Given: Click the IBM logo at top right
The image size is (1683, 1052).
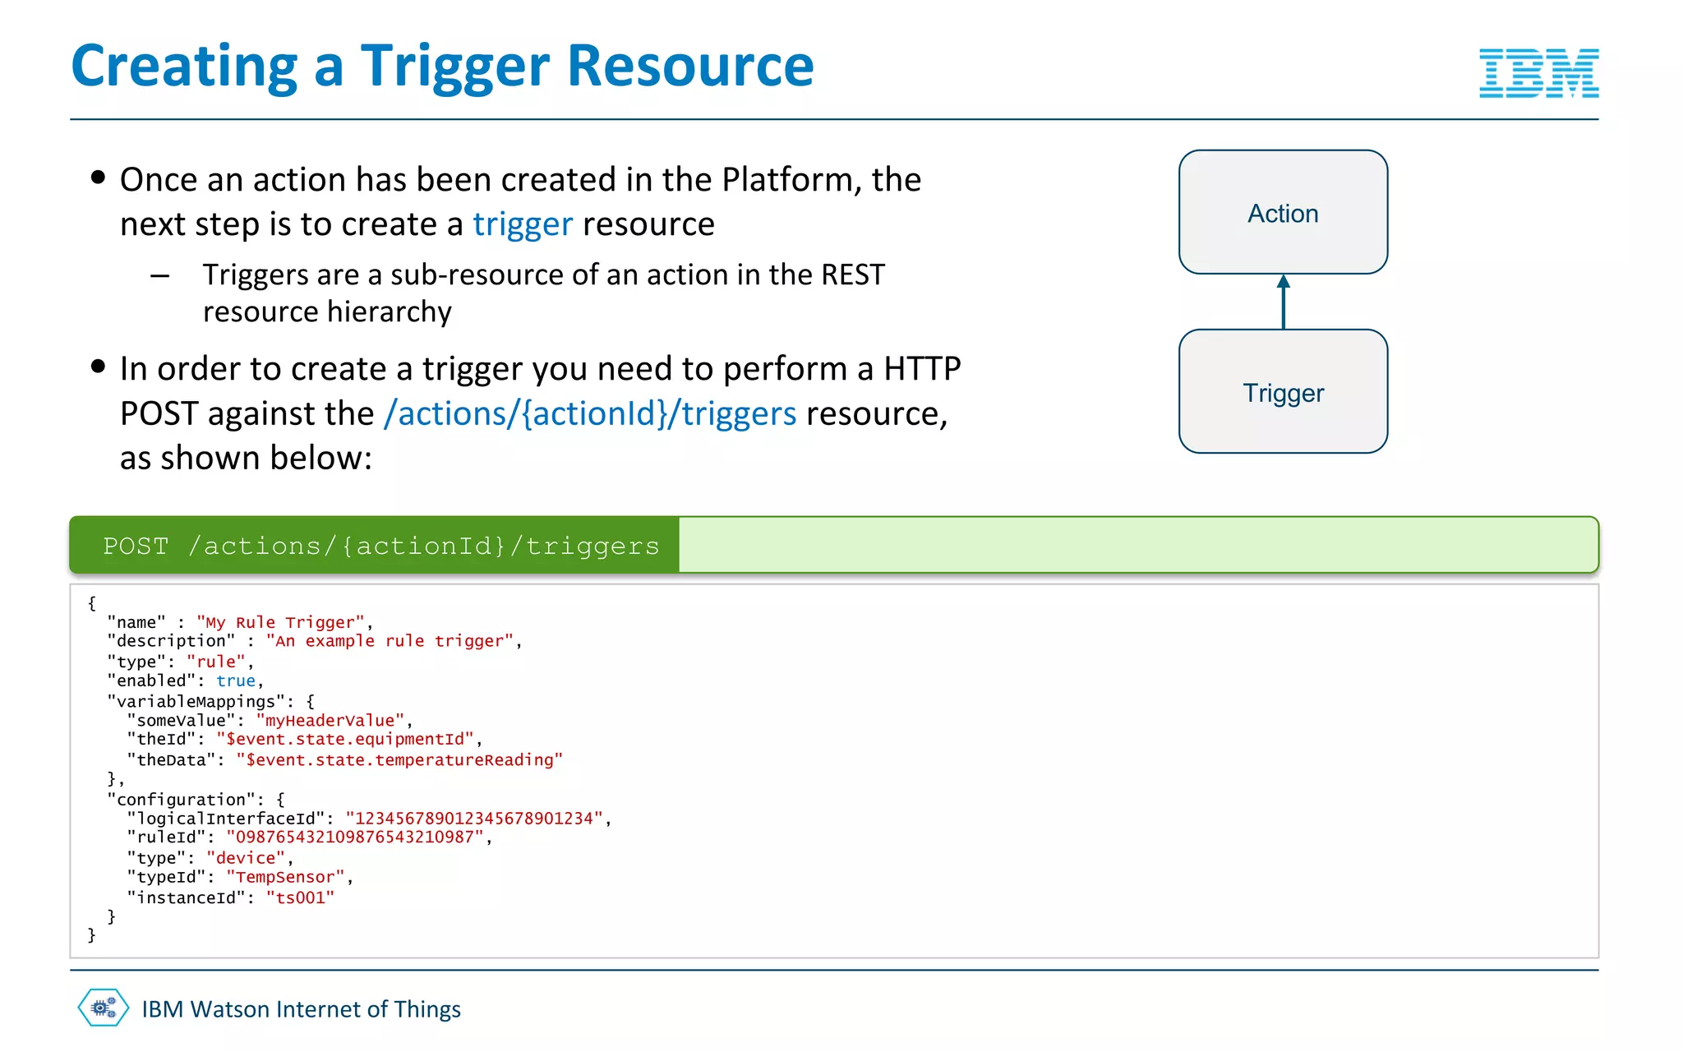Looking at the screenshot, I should pyautogui.click(x=1538, y=73).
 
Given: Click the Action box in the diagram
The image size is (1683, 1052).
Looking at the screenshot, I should pyautogui.click(x=1283, y=212).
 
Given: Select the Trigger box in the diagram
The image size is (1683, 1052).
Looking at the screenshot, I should pyautogui.click(x=1283, y=392).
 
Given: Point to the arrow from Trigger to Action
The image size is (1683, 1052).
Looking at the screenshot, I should pyautogui.click(x=1283, y=302).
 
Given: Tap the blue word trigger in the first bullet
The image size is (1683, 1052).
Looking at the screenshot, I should pyautogui.click(x=522, y=224).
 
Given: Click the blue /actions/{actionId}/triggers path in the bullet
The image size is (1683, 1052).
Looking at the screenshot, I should pyautogui.click(x=589, y=413).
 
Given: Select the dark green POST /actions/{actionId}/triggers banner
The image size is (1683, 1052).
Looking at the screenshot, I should pyautogui.click(x=375, y=546).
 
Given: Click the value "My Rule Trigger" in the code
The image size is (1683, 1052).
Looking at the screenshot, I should pyautogui.click(x=279, y=622).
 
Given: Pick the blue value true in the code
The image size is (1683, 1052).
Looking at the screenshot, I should pyautogui.click(x=235, y=681).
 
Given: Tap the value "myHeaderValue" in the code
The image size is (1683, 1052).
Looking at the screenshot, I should pyautogui.click(x=330, y=721).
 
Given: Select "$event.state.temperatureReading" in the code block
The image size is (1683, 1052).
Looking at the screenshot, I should pyautogui.click(x=399, y=760).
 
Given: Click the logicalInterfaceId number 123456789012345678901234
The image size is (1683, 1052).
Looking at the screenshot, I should pyautogui.click(x=473, y=819).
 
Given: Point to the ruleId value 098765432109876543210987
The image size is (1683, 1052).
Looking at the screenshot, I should pyautogui.click(x=354, y=837).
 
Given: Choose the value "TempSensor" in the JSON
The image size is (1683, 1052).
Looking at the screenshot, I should pyautogui.click(x=285, y=878).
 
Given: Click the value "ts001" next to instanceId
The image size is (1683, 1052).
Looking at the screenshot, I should pyautogui.click(x=300, y=898).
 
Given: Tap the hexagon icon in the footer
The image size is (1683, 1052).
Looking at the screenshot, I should pyautogui.click(x=104, y=1008).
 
